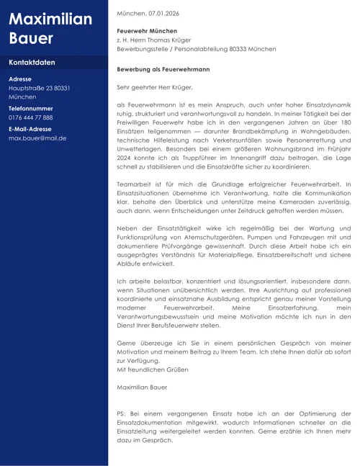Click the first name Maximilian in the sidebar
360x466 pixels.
pos(50,19)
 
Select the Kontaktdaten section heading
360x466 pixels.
pos(32,63)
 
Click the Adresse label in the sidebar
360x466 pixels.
pos(21,79)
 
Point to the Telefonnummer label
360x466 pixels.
pos(31,107)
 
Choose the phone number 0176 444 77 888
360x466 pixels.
pos(31,117)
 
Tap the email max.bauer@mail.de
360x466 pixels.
pos(37,138)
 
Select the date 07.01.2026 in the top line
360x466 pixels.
pos(163,14)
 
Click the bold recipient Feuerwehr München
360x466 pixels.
pos(147,32)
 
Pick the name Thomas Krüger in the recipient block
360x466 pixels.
pos(158,40)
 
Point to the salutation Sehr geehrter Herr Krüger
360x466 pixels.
pos(155,87)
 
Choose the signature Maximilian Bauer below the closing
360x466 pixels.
pos(142,387)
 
